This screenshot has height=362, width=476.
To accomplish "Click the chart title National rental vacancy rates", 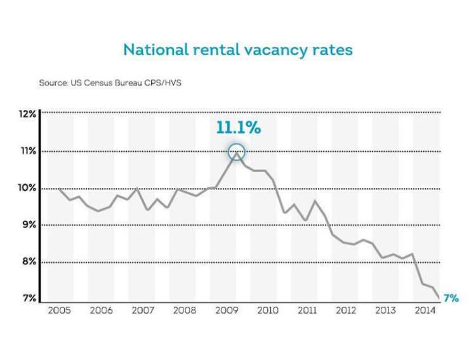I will click(x=237, y=50).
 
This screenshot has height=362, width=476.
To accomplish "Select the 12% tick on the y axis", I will click(x=27, y=114).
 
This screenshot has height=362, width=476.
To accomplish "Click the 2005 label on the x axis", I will click(x=60, y=311).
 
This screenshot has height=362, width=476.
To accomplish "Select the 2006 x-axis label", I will click(x=101, y=311).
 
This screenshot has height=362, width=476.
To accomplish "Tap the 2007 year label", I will click(x=142, y=311).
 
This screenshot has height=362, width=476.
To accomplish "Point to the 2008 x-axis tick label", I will click(x=183, y=311).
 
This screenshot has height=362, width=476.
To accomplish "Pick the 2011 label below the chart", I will click(x=307, y=311).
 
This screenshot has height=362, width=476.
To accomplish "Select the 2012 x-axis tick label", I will click(x=347, y=311).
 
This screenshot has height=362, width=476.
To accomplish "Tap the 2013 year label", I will click(x=387, y=311).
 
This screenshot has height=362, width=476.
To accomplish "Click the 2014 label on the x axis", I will click(x=426, y=311).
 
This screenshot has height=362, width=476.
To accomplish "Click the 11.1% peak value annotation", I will click(x=238, y=128).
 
